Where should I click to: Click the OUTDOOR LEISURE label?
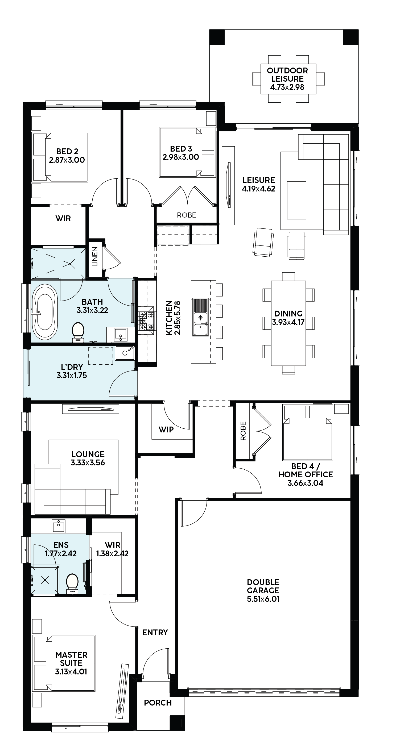[287, 75]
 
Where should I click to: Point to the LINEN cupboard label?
[95, 257]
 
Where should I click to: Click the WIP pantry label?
[166, 430]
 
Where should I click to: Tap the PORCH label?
[158, 703]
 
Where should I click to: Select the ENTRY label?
[155, 632]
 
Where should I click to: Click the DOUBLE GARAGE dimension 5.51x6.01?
[263, 599]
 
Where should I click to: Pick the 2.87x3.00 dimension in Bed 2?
[67, 160]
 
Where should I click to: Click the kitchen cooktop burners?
[146, 321]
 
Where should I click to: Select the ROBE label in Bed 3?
[187, 215]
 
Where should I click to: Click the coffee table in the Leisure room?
[296, 200]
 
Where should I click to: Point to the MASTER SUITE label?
[71, 659]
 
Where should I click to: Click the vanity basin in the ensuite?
[59, 526]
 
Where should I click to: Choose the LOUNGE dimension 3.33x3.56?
[88, 462]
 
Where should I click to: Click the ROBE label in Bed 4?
[243, 431]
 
